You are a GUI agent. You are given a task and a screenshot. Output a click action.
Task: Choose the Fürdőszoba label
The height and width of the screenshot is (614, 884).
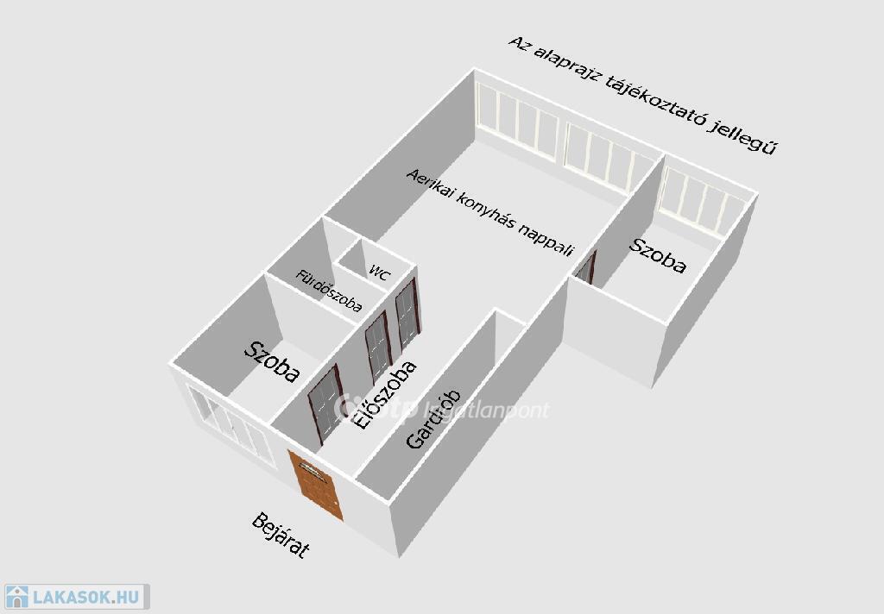(329, 291)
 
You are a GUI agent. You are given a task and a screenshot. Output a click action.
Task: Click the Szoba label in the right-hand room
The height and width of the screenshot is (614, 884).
(658, 255)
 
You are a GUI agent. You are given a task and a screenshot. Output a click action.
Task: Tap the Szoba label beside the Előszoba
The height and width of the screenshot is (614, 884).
(272, 361)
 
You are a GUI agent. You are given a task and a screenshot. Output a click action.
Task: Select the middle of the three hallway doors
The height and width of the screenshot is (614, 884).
(377, 348)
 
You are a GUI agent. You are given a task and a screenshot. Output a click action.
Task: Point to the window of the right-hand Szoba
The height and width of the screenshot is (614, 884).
(702, 204)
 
